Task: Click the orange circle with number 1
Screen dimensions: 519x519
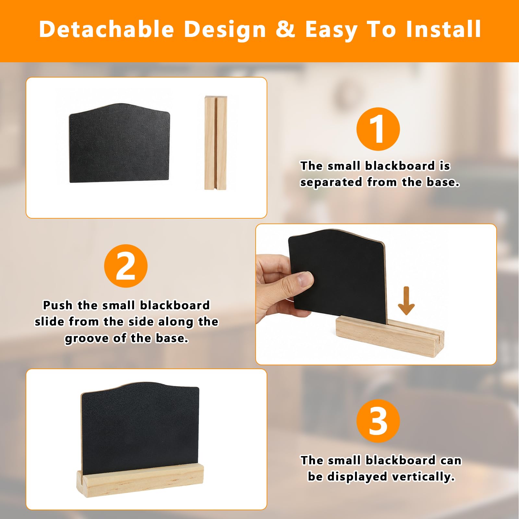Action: click(x=378, y=129)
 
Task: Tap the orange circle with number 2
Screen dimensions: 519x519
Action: click(x=126, y=266)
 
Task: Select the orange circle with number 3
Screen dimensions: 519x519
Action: click(x=378, y=421)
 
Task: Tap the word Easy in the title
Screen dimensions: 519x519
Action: click(x=332, y=30)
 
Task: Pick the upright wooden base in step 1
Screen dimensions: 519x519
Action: click(x=216, y=143)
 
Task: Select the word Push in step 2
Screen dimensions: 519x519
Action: click(x=58, y=305)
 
